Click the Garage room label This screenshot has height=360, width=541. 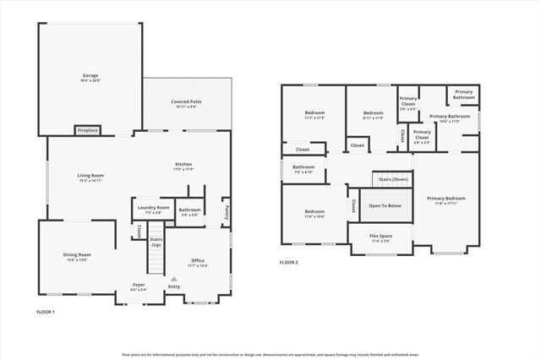90,75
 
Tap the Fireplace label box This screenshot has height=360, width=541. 87,130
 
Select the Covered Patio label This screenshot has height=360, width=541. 186,101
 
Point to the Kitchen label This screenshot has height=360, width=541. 183,164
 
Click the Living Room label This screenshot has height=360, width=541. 90,175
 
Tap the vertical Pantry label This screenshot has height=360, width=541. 227,213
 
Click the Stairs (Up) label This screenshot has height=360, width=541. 156,242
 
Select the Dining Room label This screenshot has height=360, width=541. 77,254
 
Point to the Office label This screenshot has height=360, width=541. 198,260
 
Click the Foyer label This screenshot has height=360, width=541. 139,285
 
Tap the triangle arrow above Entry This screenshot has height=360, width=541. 174,278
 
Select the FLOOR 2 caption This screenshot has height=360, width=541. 289,262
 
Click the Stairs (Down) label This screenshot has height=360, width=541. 393,179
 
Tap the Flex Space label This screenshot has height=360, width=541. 381,236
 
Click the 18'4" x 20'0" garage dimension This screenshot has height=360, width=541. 90,80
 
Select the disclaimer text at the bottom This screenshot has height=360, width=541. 270,354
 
